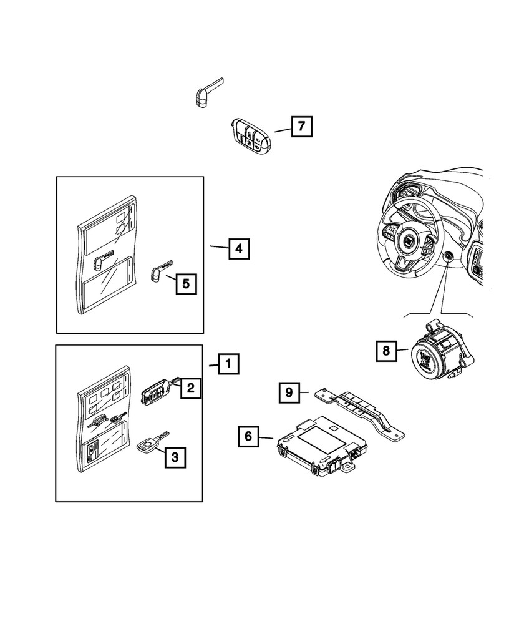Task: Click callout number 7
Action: (301, 127)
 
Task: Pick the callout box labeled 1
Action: (228, 363)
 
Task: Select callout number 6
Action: (248, 436)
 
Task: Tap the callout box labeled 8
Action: (386, 351)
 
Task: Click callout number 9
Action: (289, 392)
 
